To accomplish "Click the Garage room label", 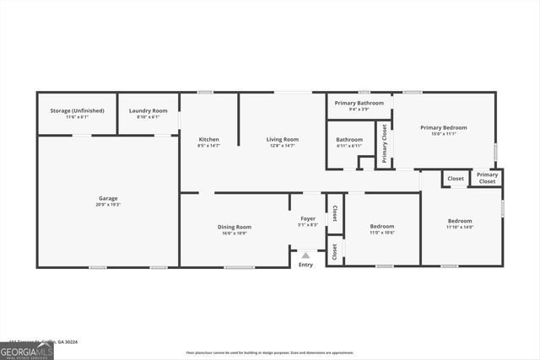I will click(x=108, y=199).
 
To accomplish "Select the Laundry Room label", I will click(x=148, y=110).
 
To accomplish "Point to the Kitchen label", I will click(x=208, y=139).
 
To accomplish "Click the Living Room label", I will click(x=283, y=139).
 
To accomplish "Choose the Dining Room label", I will click(x=235, y=227).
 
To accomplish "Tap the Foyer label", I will click(x=308, y=218).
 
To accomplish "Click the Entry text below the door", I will click(x=305, y=265).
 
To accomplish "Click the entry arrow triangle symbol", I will click(x=305, y=254).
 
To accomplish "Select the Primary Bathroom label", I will click(x=359, y=103).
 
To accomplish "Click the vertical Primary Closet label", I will click(x=385, y=143).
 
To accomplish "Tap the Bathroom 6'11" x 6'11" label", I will click(x=349, y=140).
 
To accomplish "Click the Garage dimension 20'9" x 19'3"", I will click(x=108, y=205).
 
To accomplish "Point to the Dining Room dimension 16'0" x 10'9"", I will click(x=235, y=233).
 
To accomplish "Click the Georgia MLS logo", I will click(x=26, y=351).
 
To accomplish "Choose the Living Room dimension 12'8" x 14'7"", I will click(x=283, y=146).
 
